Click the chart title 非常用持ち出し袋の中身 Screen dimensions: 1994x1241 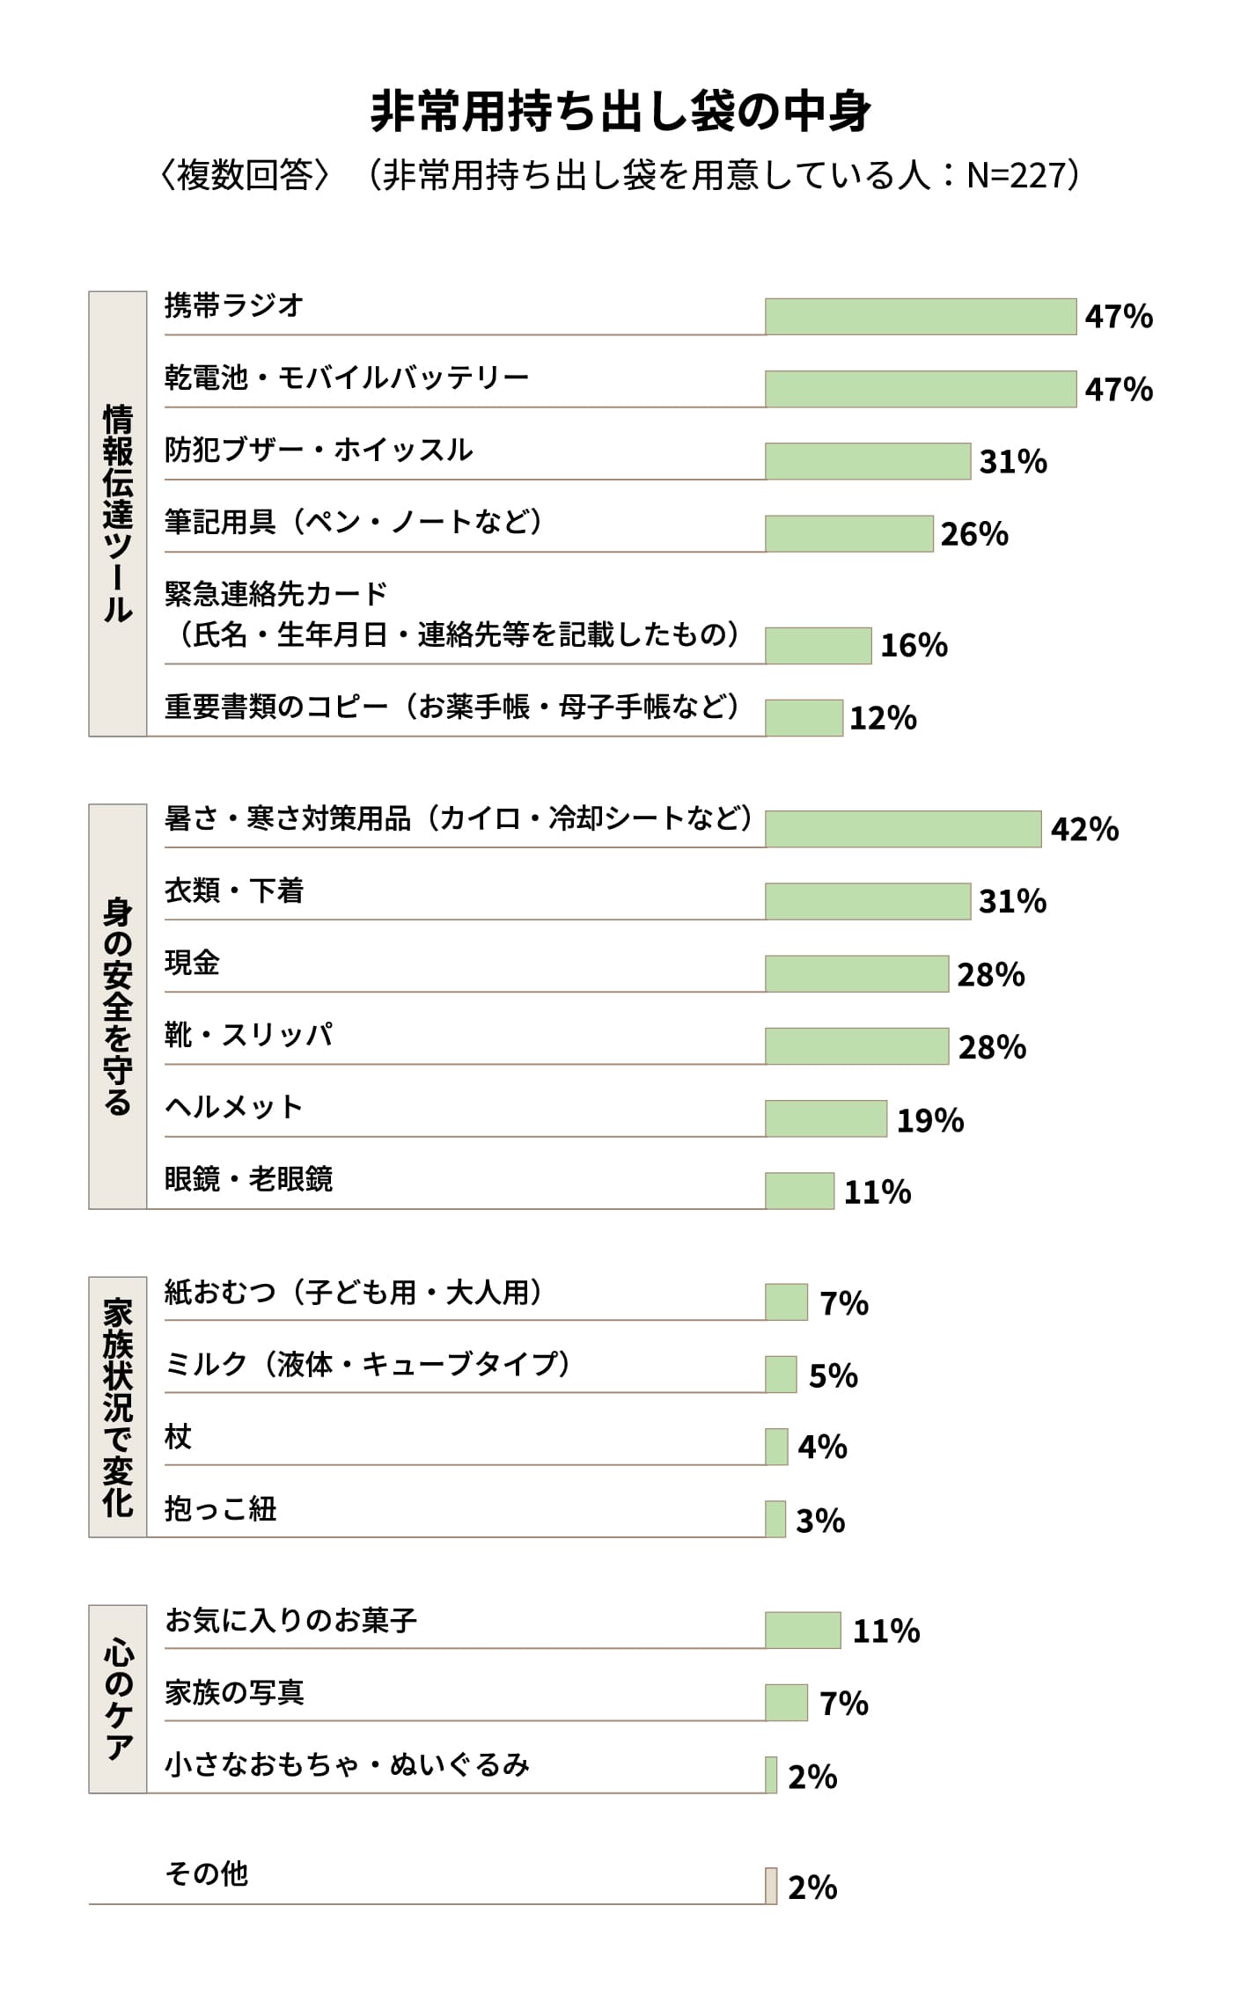(x=620, y=112)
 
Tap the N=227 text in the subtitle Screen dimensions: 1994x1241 (x=1016, y=176)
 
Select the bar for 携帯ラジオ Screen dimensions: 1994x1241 (x=920, y=317)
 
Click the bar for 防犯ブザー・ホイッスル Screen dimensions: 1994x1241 (x=867, y=461)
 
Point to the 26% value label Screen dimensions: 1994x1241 (x=974, y=534)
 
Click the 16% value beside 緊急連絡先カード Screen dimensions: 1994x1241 (x=914, y=646)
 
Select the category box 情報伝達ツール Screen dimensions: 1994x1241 (x=118, y=513)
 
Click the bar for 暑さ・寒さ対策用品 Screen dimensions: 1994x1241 (x=902, y=829)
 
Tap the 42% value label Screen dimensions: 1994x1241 (x=1084, y=829)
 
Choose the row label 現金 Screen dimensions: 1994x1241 (x=192, y=963)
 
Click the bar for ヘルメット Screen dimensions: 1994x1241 (x=826, y=1118)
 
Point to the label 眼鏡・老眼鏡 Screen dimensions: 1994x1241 (x=248, y=1179)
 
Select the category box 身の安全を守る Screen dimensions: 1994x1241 (x=118, y=1006)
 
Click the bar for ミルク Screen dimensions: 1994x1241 (x=781, y=1375)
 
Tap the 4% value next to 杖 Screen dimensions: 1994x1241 (x=822, y=1447)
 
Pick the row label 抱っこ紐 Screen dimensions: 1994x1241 (x=220, y=1509)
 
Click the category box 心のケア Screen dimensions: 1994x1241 (x=118, y=1699)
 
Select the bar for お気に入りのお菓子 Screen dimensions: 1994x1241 (x=803, y=1631)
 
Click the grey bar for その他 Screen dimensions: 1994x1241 (x=771, y=1886)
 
